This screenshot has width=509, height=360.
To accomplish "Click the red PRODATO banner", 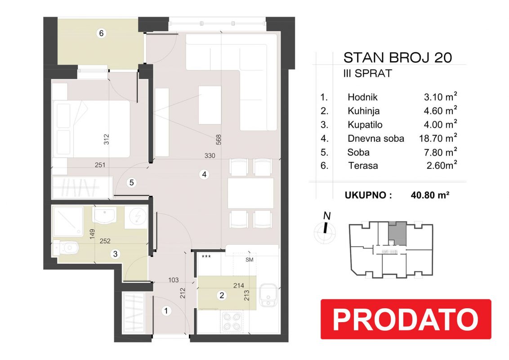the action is pyautogui.click(x=406, y=319).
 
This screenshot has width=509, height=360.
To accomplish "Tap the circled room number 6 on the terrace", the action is pyautogui.click(x=101, y=33).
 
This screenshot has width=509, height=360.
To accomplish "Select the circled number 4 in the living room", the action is pyautogui.click(x=204, y=175).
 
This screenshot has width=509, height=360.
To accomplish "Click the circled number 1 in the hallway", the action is pyautogui.click(x=166, y=311).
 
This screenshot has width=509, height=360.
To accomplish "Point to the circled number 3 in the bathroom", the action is pyautogui.click(x=115, y=254).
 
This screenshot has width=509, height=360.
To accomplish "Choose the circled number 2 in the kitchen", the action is pyautogui.click(x=222, y=295).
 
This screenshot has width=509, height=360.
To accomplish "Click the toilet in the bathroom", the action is pyautogui.click(x=66, y=248).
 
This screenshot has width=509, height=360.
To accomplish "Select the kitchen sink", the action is pyautogui.click(x=268, y=295).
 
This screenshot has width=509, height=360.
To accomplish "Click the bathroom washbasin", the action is pyautogui.click(x=104, y=216).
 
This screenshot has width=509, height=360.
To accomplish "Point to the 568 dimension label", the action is pyautogui.click(x=219, y=139).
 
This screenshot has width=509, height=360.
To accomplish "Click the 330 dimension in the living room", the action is pyautogui.click(x=210, y=156).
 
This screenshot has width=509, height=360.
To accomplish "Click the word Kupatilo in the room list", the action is pyautogui.click(x=365, y=125).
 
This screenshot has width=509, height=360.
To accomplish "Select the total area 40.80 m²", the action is pyautogui.click(x=430, y=195).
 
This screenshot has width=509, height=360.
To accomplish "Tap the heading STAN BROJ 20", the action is pyautogui.click(x=397, y=58).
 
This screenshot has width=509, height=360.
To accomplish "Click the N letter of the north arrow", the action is pyautogui.click(x=327, y=216).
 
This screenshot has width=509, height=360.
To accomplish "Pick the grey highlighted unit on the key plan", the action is pyautogui.click(x=397, y=233).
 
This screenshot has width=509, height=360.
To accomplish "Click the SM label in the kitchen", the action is pyautogui.click(x=249, y=260).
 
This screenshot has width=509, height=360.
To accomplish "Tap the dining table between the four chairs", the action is pyautogui.click(x=250, y=193).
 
